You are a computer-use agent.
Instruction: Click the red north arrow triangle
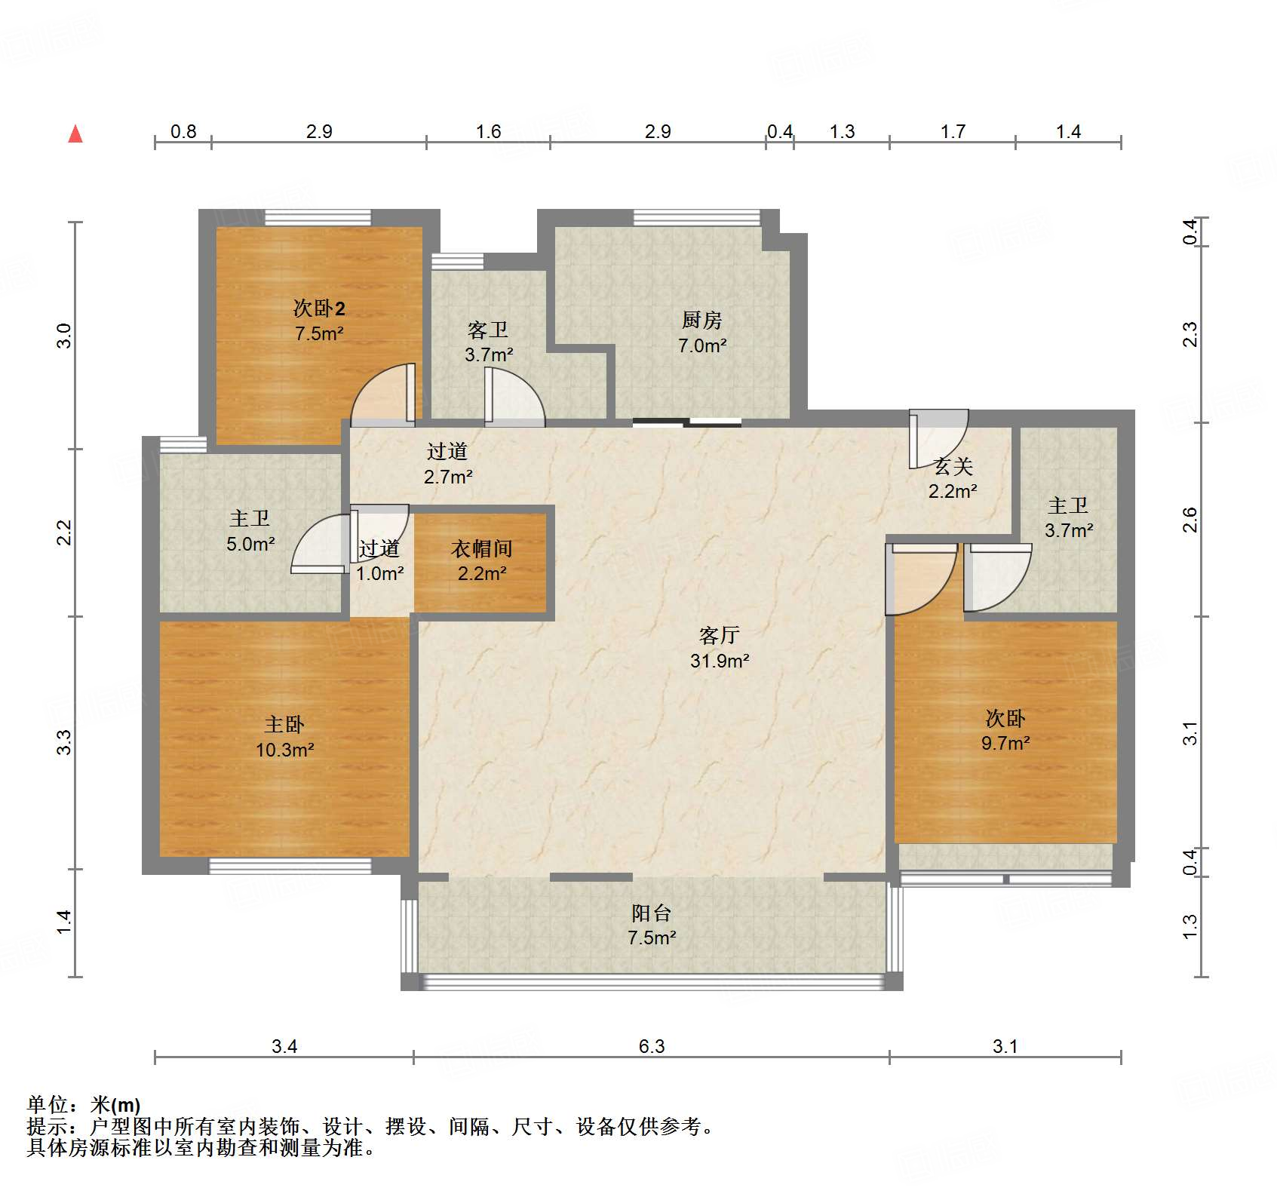[75, 134]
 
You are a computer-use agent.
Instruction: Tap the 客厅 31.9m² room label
[719, 648]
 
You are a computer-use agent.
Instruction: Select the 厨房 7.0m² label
[701, 333]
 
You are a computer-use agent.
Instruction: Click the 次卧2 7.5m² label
[319, 321]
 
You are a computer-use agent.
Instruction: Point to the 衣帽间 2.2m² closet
[481, 560]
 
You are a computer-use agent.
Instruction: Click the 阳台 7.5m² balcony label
[652, 925]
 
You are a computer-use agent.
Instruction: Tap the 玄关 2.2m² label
[953, 479]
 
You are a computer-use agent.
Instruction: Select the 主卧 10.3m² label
[284, 737]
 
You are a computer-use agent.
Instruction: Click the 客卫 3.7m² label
[488, 342]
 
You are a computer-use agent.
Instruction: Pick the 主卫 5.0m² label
[250, 531]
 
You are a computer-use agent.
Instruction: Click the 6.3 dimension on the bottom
[652, 1046]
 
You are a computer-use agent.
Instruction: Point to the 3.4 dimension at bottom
[284, 1046]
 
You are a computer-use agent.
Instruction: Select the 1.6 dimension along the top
[488, 131]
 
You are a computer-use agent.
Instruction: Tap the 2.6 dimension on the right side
[1190, 520]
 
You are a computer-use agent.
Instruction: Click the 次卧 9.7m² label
[1005, 730]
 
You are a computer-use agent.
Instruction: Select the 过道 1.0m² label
[379, 560]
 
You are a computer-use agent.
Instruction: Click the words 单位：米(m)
[83, 1105]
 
